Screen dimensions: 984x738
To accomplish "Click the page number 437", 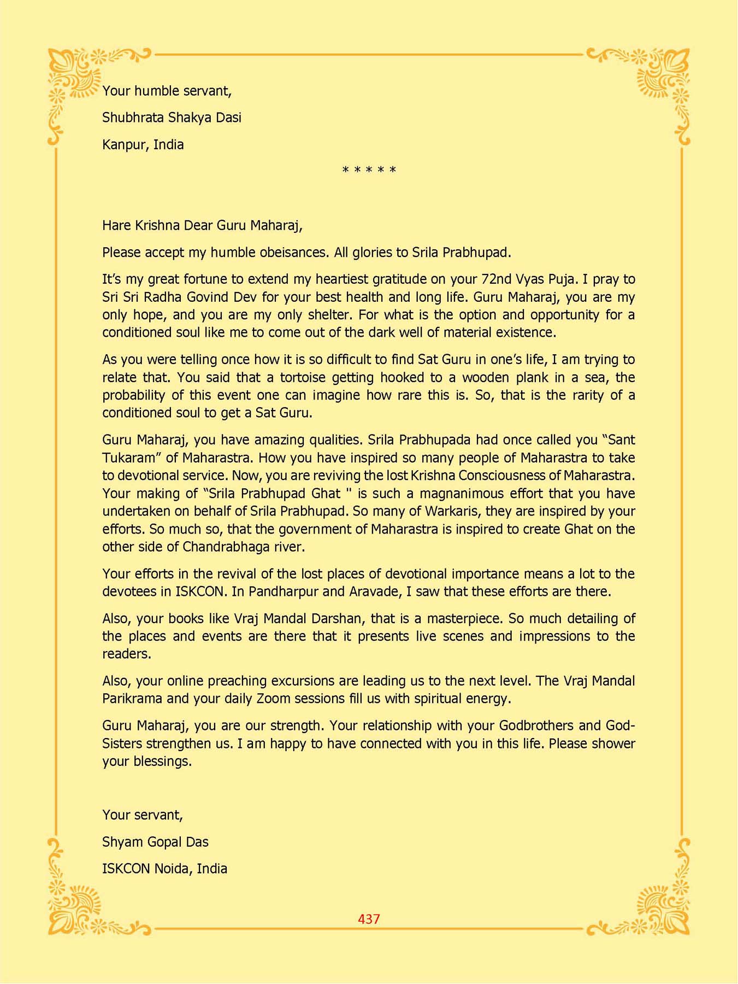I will (x=369, y=919).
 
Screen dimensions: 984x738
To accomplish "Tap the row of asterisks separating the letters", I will (x=369, y=170).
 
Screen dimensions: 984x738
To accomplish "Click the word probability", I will (x=134, y=395).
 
